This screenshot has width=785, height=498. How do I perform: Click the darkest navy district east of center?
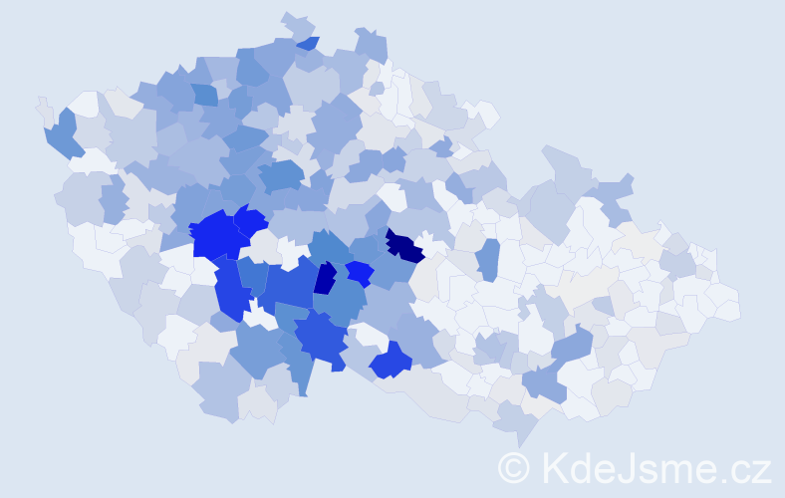point(403,245)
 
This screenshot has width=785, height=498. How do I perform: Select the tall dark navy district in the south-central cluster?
point(325,277)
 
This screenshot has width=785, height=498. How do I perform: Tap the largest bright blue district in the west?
point(216,234)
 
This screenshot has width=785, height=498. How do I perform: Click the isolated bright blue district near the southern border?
point(391,361)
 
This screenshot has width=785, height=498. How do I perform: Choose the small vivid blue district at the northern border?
point(309,43)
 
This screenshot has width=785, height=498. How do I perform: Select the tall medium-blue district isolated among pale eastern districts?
point(487,259)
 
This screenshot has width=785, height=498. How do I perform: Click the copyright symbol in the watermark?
point(515,465)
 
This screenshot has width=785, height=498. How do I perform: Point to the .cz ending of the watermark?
point(745,465)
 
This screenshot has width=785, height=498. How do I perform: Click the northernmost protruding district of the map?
point(296,23)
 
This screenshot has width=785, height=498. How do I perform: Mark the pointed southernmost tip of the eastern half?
point(519,439)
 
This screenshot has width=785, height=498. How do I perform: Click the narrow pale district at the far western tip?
point(43,108)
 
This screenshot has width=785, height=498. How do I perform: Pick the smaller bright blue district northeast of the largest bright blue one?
point(250,219)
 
